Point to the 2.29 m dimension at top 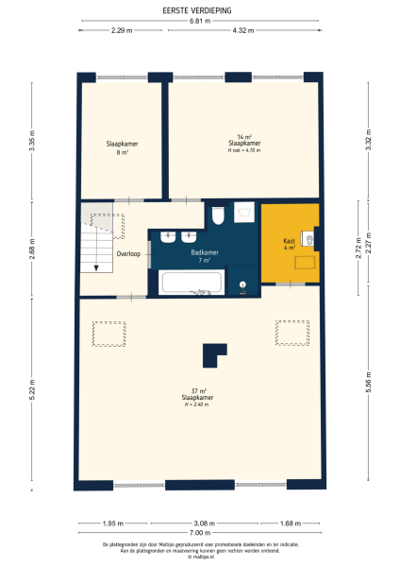(121, 31)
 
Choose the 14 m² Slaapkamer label (244, 144)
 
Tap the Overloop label (127, 254)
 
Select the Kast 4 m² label (289, 244)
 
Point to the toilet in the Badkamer (218, 216)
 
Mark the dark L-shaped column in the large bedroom (214, 352)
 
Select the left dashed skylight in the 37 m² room (108, 333)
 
